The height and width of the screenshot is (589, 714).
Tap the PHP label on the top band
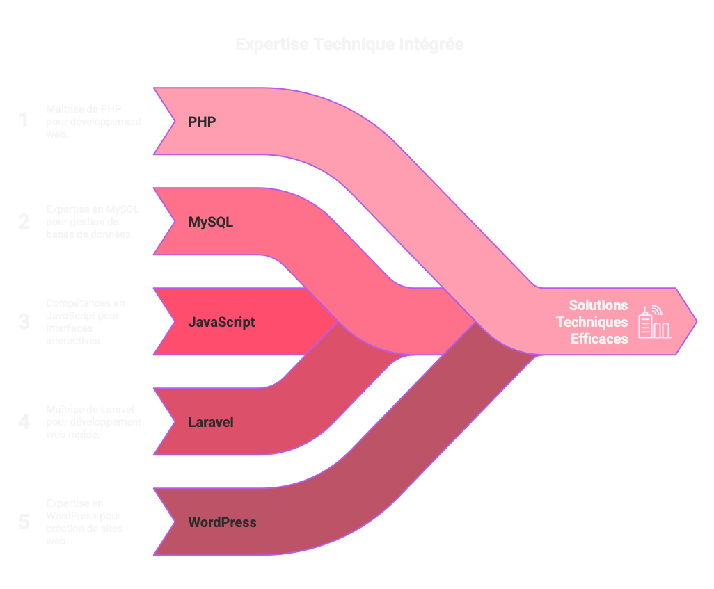(202, 122)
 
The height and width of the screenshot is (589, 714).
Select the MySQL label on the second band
(210, 223)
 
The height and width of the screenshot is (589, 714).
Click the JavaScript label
(221, 323)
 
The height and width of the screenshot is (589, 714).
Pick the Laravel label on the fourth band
(210, 422)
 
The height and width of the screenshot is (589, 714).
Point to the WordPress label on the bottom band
(222, 522)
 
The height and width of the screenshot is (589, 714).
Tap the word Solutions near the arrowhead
(598, 305)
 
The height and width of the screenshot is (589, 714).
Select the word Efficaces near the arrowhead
(599, 339)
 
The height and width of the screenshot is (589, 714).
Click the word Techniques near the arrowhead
(592, 322)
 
